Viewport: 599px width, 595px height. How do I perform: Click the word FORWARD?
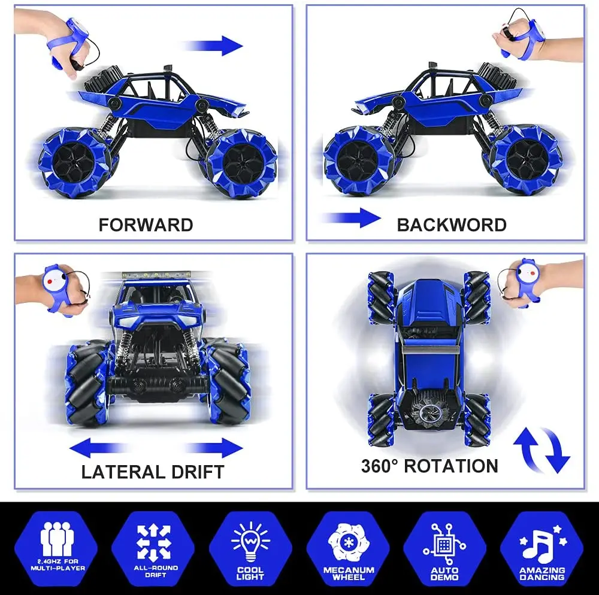tap(146, 225)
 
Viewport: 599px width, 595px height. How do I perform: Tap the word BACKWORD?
tap(451, 225)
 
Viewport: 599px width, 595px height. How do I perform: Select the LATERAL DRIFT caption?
tap(153, 472)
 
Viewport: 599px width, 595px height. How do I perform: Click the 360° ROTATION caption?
tap(429, 466)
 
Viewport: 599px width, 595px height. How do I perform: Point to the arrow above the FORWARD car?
tap(213, 45)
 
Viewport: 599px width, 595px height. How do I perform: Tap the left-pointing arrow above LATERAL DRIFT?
tap(99, 447)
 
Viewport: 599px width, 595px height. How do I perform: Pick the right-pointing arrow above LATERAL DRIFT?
tap(213, 447)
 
